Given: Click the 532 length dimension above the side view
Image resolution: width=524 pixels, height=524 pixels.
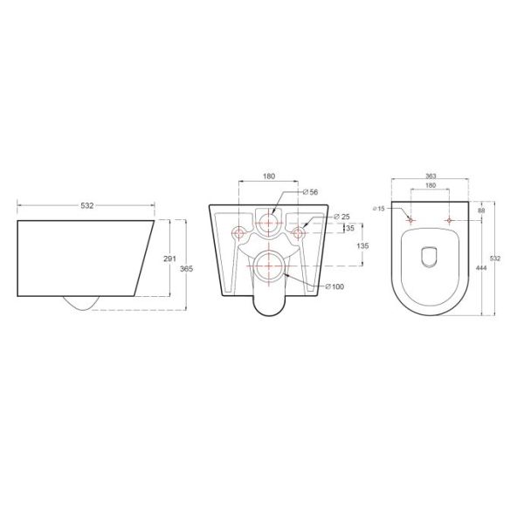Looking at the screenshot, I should [x=86, y=205].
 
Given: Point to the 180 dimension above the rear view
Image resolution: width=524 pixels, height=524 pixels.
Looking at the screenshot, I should [x=270, y=176].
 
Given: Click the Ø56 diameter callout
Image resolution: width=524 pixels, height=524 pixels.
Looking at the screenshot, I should [x=308, y=192].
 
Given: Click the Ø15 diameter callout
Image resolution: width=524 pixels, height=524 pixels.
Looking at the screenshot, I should [x=378, y=208].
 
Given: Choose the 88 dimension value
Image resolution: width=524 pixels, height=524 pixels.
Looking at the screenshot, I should [x=482, y=209].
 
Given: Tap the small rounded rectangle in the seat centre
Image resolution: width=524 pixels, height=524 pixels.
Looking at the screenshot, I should [x=429, y=256].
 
